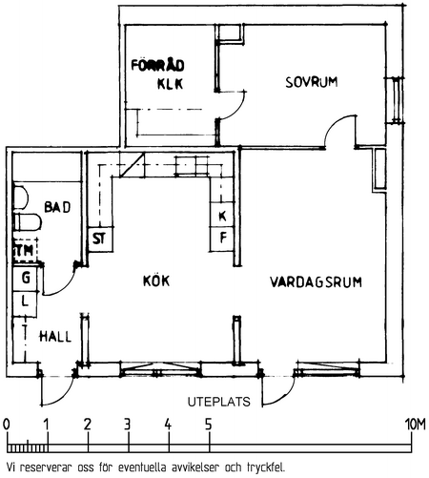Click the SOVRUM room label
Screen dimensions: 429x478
tap(312, 82)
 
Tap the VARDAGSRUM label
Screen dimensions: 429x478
tap(316, 282)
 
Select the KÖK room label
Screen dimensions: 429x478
tap(156, 281)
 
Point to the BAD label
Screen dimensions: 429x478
tap(57, 207)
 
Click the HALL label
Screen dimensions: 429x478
tap(55, 337)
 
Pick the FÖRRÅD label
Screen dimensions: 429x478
tap(158, 65)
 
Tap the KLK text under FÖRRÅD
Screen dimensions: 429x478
tap(171, 84)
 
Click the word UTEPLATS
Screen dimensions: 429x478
tap(219, 402)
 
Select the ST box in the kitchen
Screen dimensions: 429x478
tap(100, 239)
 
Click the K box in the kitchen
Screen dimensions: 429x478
tap(222, 216)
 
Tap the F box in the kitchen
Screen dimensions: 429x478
tap(222, 239)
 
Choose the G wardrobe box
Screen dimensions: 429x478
tap(25, 279)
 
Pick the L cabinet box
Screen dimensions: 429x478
tap(25, 303)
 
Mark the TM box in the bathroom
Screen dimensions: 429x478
tap(25, 250)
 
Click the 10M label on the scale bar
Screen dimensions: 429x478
tap(415, 425)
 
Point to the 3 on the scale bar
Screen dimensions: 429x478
tap(128, 425)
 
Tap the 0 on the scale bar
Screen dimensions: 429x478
tap(7, 425)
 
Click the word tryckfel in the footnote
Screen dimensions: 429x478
tap(266, 468)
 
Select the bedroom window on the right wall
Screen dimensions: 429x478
tap(396, 100)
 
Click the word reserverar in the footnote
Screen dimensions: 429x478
tap(47, 468)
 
